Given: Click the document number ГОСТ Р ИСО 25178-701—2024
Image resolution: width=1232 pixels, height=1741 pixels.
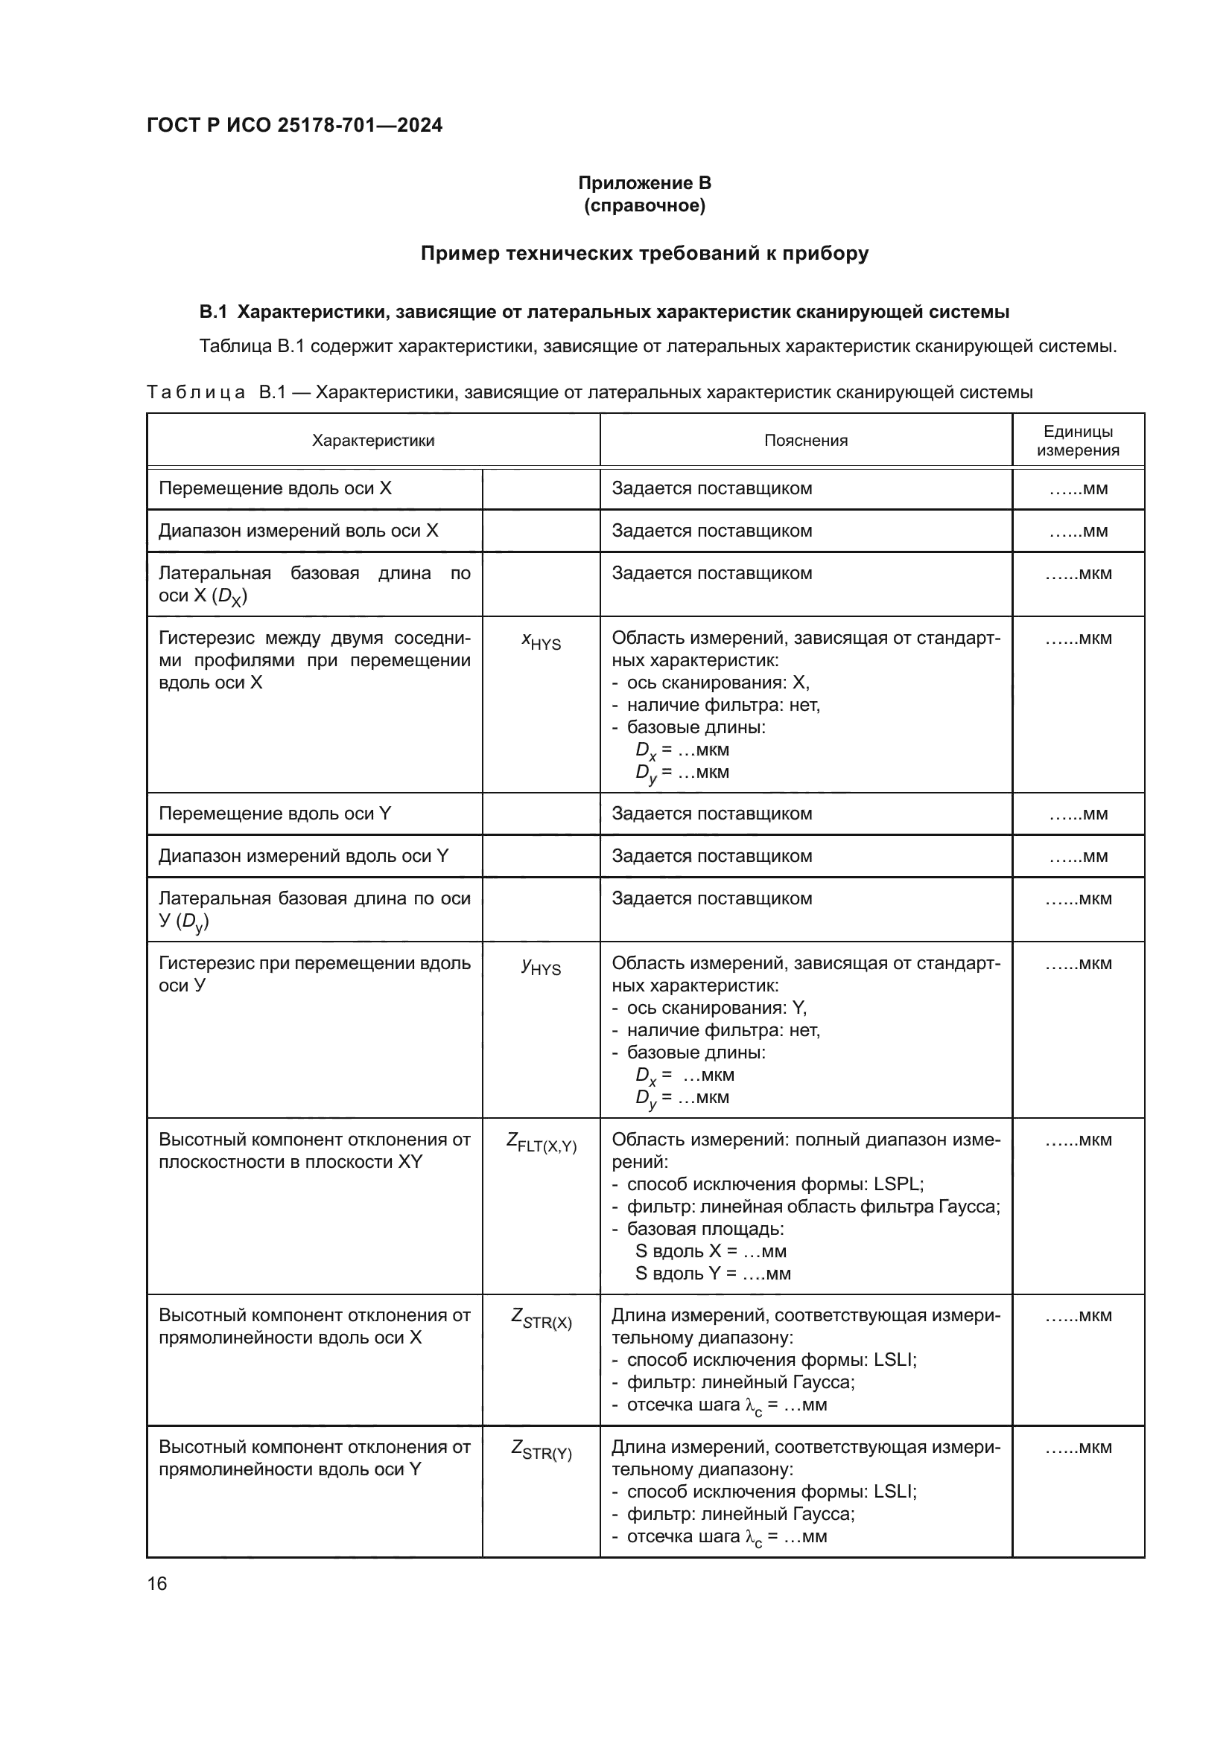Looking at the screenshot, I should [294, 126].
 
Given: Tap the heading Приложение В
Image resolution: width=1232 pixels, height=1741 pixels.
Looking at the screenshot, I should [644, 183].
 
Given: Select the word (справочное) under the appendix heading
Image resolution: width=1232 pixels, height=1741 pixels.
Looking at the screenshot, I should [644, 205].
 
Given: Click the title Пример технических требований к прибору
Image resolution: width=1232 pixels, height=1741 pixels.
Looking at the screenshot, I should [644, 253].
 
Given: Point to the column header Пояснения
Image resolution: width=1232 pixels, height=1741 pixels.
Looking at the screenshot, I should [805, 441].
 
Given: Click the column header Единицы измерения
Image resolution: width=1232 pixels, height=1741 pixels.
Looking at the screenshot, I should [1077, 441].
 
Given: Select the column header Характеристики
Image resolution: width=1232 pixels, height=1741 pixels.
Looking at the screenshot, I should [372, 441].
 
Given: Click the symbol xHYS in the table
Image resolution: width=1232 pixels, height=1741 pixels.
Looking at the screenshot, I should [541, 642].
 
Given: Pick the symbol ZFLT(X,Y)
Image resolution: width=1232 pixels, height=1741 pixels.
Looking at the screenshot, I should [541, 1143].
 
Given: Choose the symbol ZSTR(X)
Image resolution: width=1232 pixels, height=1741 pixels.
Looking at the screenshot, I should [541, 1320].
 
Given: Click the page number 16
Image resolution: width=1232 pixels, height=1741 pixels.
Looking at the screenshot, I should [157, 1583].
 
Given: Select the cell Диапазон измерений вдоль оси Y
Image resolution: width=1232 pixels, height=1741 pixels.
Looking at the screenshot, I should [302, 856].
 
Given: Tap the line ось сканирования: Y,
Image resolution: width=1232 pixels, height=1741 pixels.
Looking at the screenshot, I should [716, 1008].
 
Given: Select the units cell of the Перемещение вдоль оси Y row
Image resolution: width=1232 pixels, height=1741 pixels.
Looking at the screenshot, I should [1077, 814].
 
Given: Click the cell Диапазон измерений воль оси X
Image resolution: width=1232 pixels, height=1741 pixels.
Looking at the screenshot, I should [298, 531].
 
